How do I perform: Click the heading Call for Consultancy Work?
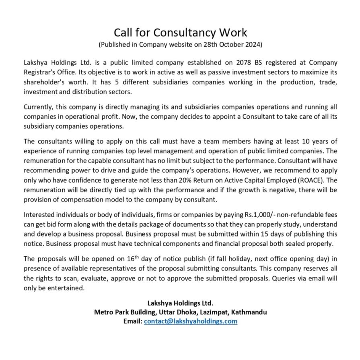[180, 32]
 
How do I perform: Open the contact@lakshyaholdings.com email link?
[191, 322]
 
